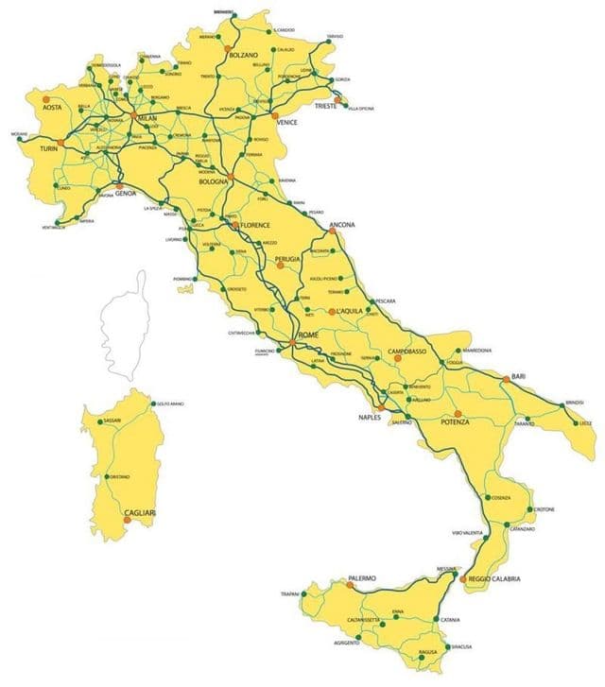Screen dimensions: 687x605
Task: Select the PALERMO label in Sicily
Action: (x=362, y=577)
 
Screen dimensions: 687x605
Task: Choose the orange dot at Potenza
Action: (x=458, y=414)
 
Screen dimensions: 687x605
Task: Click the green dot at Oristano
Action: (x=108, y=476)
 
